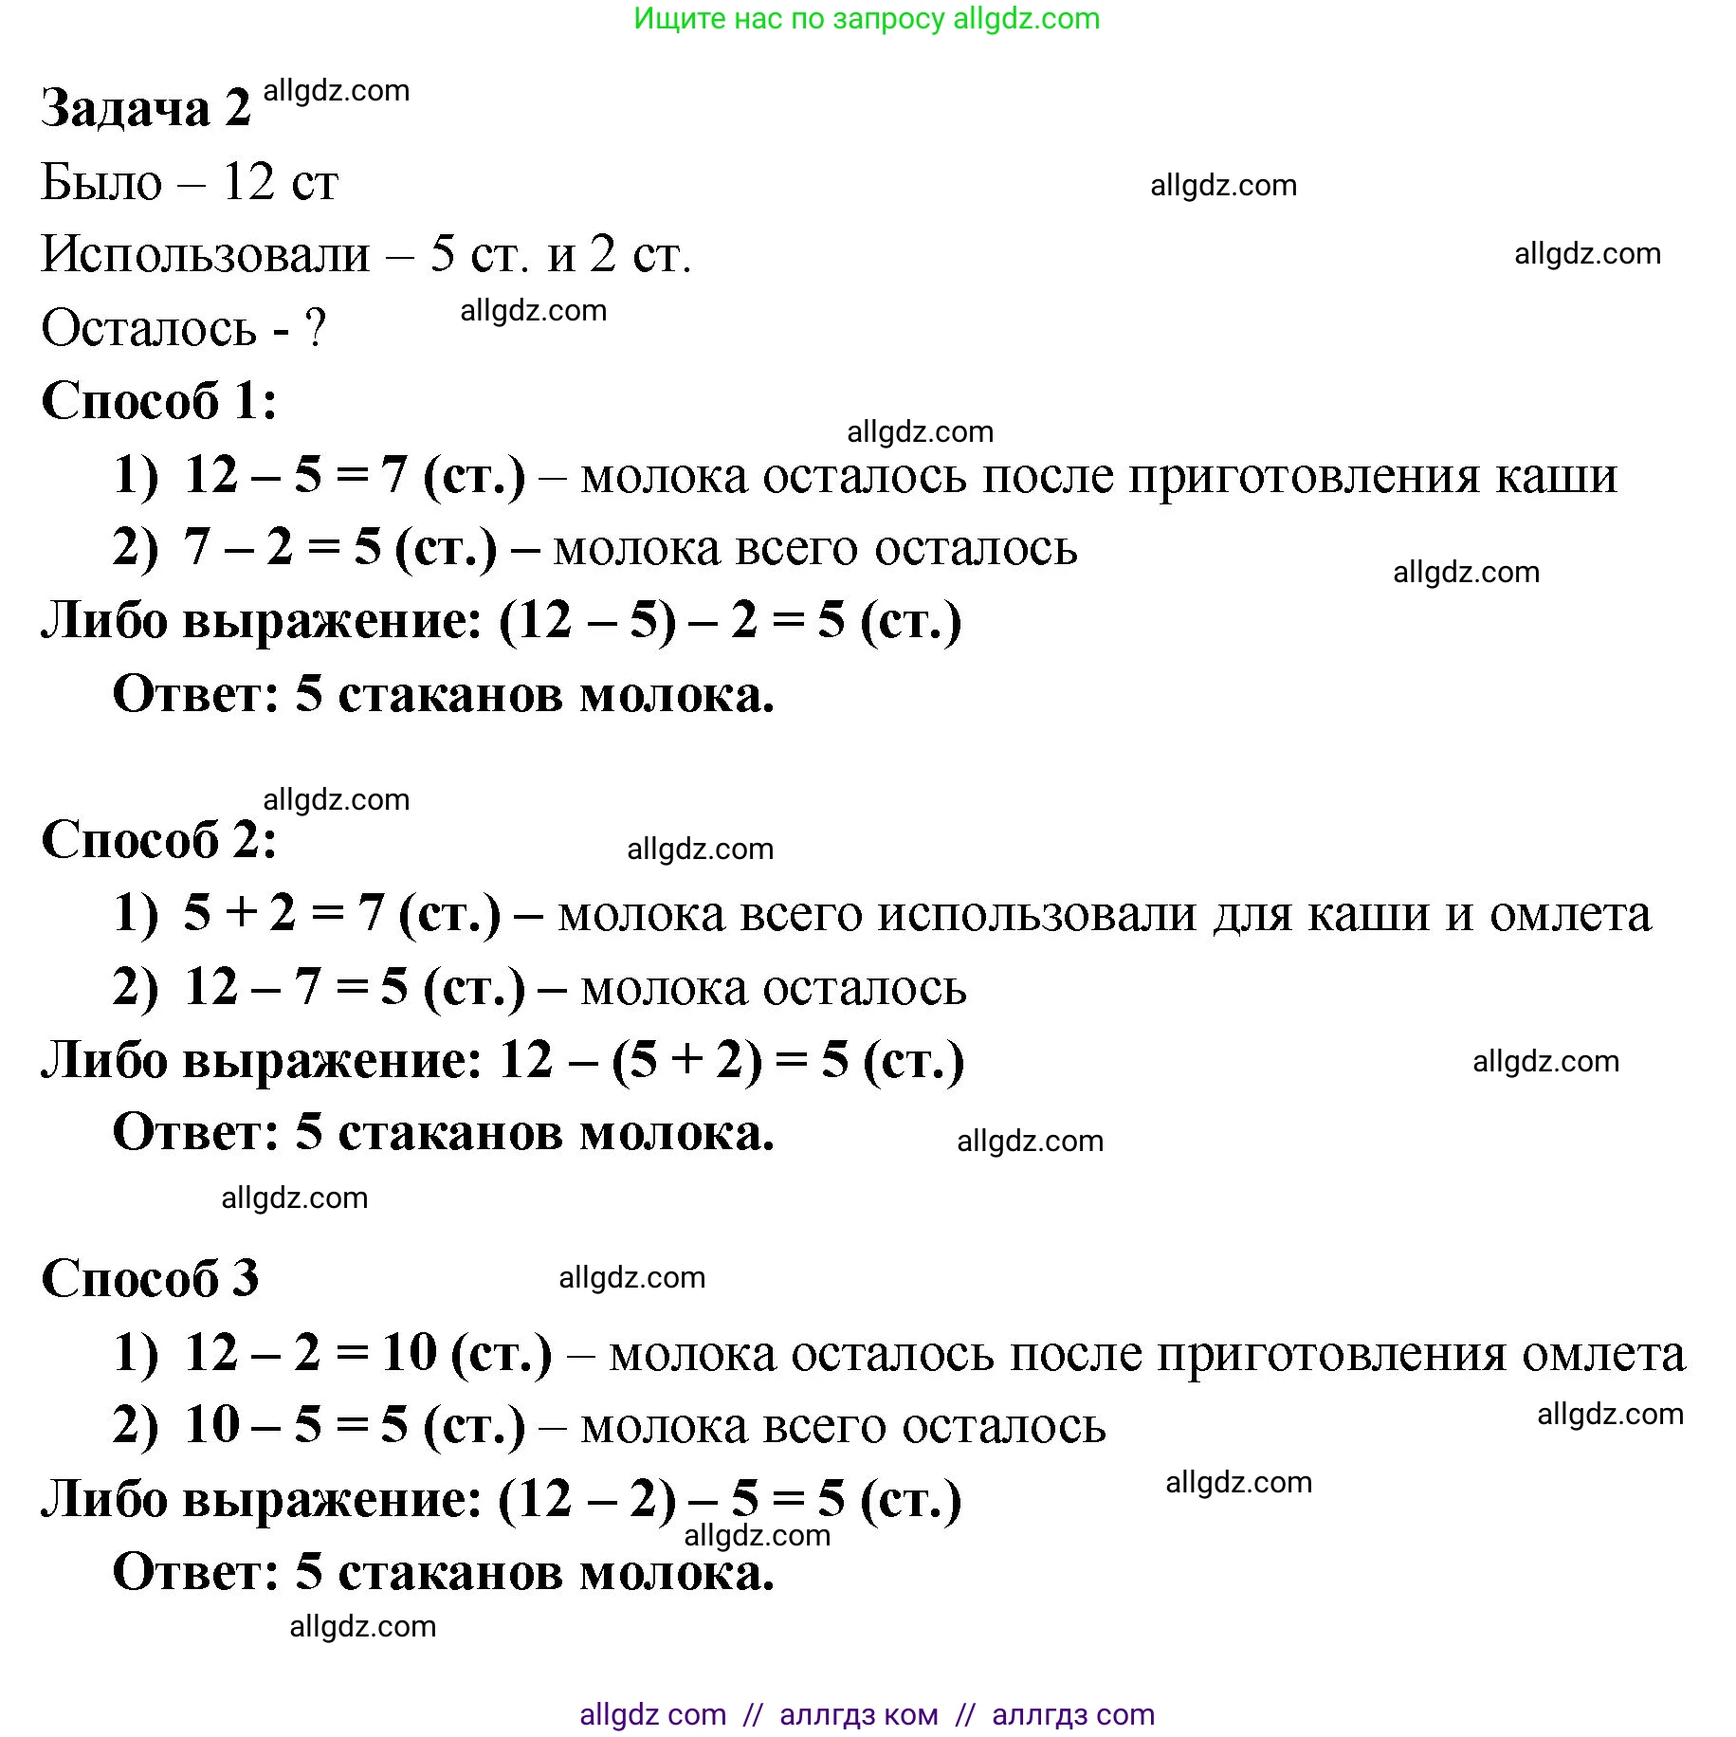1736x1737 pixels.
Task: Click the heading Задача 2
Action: (145, 108)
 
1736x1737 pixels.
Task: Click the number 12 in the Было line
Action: (248, 181)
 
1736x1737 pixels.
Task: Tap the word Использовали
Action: (205, 254)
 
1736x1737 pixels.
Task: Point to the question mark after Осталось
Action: (315, 328)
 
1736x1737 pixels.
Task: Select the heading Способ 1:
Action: (159, 400)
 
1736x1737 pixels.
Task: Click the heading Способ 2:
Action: (159, 840)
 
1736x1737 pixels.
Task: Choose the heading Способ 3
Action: (150, 1278)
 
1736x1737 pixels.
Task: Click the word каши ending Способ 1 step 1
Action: (1556, 475)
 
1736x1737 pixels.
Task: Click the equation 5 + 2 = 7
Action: (283, 913)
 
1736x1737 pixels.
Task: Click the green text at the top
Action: (867, 18)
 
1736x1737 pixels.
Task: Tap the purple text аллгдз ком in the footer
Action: (858, 1714)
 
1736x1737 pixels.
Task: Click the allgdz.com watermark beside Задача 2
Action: (336, 91)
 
